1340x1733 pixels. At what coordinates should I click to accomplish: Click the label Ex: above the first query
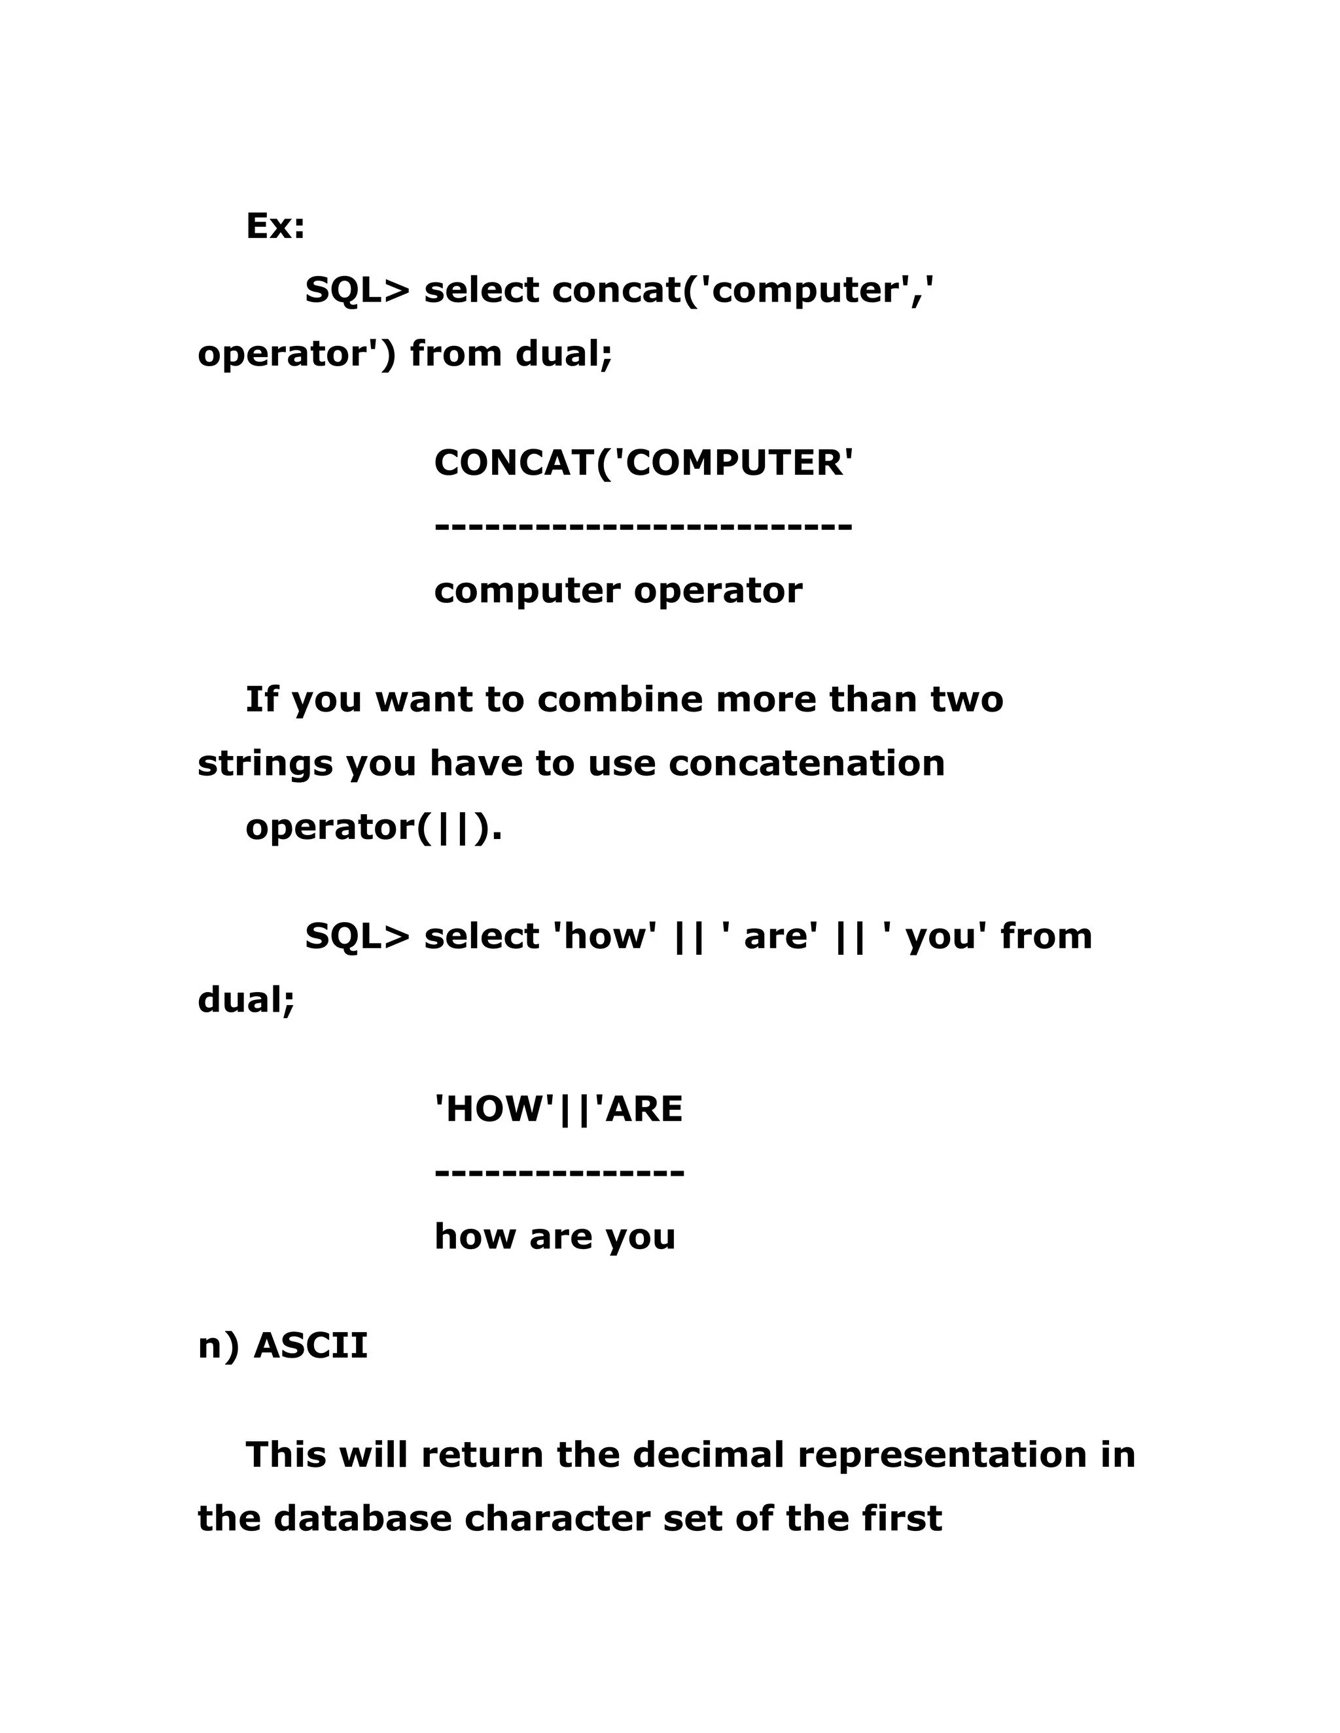click(275, 226)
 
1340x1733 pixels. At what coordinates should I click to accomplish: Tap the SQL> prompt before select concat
click(357, 290)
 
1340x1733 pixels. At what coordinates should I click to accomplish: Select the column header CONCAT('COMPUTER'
click(643, 462)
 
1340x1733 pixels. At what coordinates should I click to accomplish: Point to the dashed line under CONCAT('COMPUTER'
click(643, 526)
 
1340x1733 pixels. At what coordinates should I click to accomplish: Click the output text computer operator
click(618, 591)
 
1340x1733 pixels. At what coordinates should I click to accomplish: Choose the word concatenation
click(807, 763)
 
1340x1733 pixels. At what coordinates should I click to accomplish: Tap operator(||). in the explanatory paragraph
click(374, 828)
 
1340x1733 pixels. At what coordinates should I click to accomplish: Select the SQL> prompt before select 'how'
click(357, 936)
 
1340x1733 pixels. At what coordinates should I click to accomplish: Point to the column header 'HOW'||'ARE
click(558, 1109)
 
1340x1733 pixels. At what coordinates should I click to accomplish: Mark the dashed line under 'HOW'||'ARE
click(559, 1172)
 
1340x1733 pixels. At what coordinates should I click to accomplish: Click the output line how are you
click(554, 1236)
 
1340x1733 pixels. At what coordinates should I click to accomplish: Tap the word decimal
click(708, 1454)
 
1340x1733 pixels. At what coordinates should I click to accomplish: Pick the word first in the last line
click(902, 1518)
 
